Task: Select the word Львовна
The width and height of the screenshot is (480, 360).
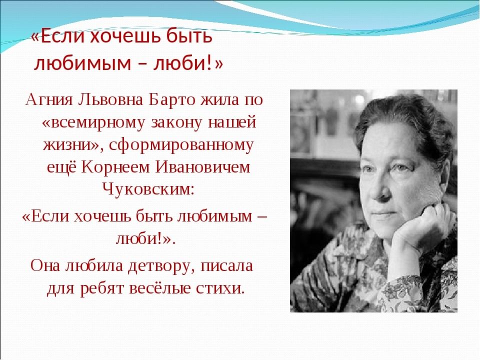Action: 111,99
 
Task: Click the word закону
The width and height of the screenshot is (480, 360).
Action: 177,123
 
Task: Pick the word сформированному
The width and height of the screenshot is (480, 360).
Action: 181,145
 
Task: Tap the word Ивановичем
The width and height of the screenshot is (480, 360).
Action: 202,167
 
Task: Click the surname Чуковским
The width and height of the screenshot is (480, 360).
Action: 148,189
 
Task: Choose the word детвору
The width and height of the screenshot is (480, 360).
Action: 162,266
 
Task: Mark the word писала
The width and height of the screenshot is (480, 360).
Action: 227,265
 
